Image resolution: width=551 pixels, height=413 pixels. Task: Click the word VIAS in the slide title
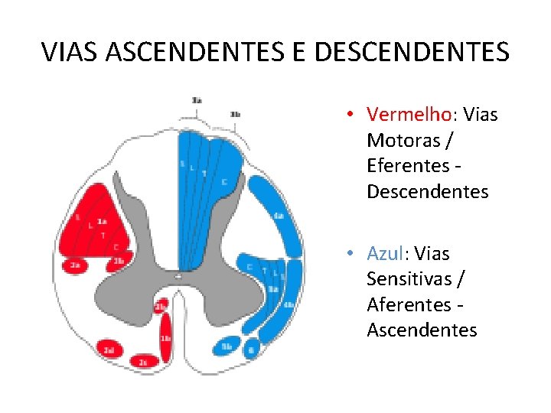pos(70,52)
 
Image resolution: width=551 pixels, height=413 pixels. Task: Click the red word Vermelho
pos(409,115)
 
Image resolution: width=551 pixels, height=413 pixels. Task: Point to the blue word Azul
pos(387,253)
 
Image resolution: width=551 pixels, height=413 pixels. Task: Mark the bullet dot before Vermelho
pos(348,115)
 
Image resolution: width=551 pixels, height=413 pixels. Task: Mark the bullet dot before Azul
pos(348,254)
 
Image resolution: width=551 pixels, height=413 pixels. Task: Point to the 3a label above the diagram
pos(197,100)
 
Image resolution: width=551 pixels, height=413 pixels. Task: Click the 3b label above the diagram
pos(236,115)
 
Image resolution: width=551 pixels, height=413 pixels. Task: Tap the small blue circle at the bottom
pos(251,350)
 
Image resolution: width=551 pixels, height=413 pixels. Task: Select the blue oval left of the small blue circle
pos(227,346)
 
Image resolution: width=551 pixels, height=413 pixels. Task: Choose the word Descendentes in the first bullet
pos(427,191)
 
